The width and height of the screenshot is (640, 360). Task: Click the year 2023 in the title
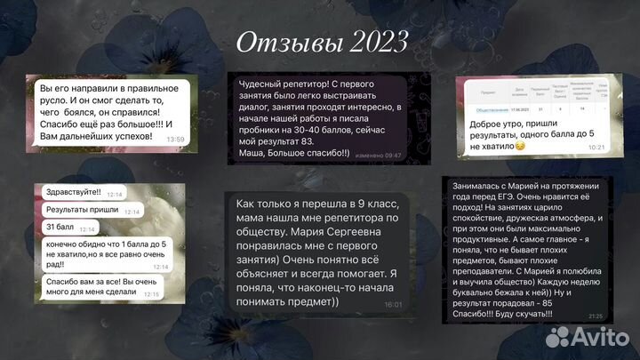(x=372, y=42)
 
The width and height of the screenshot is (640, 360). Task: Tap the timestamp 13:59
(x=176, y=140)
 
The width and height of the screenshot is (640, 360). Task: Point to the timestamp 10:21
(x=596, y=147)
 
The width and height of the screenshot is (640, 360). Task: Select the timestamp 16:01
(x=393, y=304)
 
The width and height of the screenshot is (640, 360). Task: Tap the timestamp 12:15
(x=150, y=293)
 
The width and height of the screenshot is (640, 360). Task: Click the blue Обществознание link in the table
(x=489, y=108)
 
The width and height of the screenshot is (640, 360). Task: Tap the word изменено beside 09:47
(x=368, y=155)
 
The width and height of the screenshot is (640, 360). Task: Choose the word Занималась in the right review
(x=478, y=185)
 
